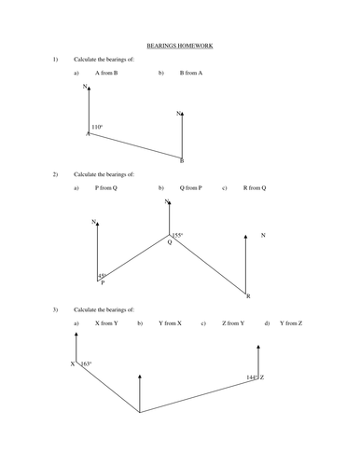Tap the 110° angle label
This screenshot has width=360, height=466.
coord(97,127)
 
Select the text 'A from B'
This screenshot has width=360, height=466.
coord(104,72)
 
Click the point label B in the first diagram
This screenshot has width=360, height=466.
coord(181,160)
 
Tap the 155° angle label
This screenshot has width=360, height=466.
coord(178,235)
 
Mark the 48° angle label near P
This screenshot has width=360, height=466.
coord(102,276)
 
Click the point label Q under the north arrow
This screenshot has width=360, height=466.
coord(169,241)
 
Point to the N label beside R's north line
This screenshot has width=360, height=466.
coord(263,236)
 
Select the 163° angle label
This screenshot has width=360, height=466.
coord(86,363)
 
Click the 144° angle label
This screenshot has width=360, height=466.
coord(251,377)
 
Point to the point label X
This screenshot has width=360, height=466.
coord(72,364)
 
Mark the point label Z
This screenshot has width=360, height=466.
coord(262,377)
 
